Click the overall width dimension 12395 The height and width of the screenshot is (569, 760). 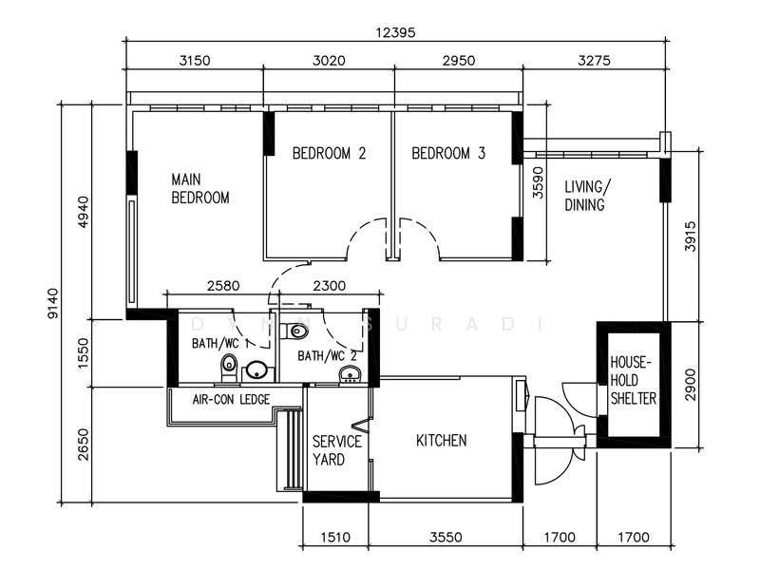396,32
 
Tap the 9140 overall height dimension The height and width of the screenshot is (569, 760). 53,303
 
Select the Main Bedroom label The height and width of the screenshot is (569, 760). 200,188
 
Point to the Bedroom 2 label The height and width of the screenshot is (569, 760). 329,154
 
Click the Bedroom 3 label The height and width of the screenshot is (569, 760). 448,154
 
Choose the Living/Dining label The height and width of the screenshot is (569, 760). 587,196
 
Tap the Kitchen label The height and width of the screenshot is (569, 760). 442,441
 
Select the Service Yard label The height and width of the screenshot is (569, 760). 337,450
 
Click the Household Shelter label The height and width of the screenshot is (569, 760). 633,381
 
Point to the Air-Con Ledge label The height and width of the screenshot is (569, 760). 231,399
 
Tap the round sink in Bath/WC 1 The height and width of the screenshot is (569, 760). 255,370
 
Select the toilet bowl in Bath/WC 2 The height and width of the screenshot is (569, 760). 297,332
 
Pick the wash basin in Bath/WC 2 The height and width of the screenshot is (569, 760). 349,375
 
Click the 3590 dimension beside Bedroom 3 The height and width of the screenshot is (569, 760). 538,182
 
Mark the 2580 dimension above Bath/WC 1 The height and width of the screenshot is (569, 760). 223,286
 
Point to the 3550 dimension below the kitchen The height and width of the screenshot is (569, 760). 446,537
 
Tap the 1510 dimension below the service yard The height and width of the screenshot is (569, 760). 335,537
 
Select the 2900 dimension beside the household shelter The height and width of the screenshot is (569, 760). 691,385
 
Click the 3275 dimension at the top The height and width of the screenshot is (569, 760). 595,61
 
